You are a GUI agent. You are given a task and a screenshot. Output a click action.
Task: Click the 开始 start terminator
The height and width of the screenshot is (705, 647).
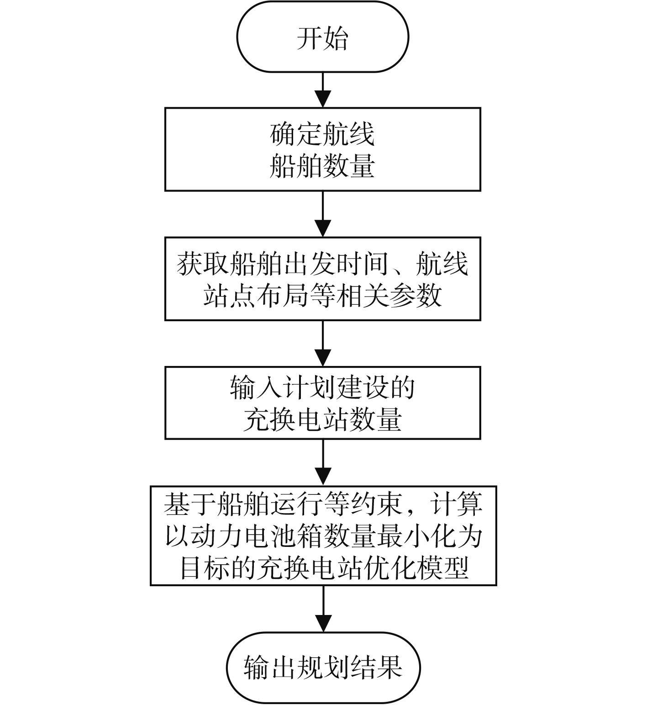coord(322,37)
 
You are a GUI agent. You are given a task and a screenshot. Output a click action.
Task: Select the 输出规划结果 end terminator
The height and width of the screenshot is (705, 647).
coord(323,667)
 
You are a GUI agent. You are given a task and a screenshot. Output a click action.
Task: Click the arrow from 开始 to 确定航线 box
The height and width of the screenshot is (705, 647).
coord(323,90)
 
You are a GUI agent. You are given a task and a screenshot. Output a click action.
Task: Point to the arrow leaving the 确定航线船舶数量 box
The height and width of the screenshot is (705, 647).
coord(323,213)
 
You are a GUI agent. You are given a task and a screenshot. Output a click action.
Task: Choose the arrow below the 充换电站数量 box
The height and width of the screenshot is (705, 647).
coord(323,462)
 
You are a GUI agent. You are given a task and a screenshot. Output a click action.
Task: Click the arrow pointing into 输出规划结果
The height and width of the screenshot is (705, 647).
coord(323,609)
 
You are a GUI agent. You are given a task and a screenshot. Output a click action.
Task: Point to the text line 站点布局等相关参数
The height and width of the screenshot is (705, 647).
coord(322,295)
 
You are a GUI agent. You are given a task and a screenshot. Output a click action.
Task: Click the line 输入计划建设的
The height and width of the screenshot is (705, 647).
coord(322,388)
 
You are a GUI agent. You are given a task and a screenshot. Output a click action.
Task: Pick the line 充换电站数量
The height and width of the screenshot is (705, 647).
coord(322,419)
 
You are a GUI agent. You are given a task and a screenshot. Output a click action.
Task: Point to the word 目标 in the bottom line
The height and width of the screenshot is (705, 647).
coord(205,568)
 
